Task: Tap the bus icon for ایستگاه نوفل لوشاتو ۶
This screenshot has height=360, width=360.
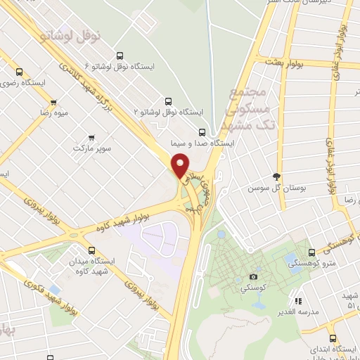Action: point(119,56)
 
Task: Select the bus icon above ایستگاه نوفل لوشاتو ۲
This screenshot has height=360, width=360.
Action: point(167,101)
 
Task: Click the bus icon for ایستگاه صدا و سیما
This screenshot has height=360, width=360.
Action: point(202,131)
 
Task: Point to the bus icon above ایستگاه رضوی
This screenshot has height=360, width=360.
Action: point(19,71)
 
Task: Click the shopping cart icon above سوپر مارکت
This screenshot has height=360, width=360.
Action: point(91,139)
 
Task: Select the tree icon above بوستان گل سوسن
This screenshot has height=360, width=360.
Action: point(277,177)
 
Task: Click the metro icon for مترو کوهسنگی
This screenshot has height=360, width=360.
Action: point(311,252)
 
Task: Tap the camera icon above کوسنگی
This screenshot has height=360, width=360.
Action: point(253,277)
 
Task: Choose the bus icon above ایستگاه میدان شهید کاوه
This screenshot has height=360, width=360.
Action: point(91,250)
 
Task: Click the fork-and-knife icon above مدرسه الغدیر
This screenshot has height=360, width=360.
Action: point(297,301)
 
